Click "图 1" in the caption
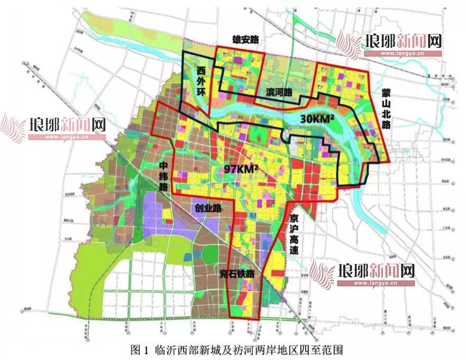point(139,349)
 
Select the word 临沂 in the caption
point(163,349)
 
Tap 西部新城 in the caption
point(194,349)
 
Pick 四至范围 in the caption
point(314,349)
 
